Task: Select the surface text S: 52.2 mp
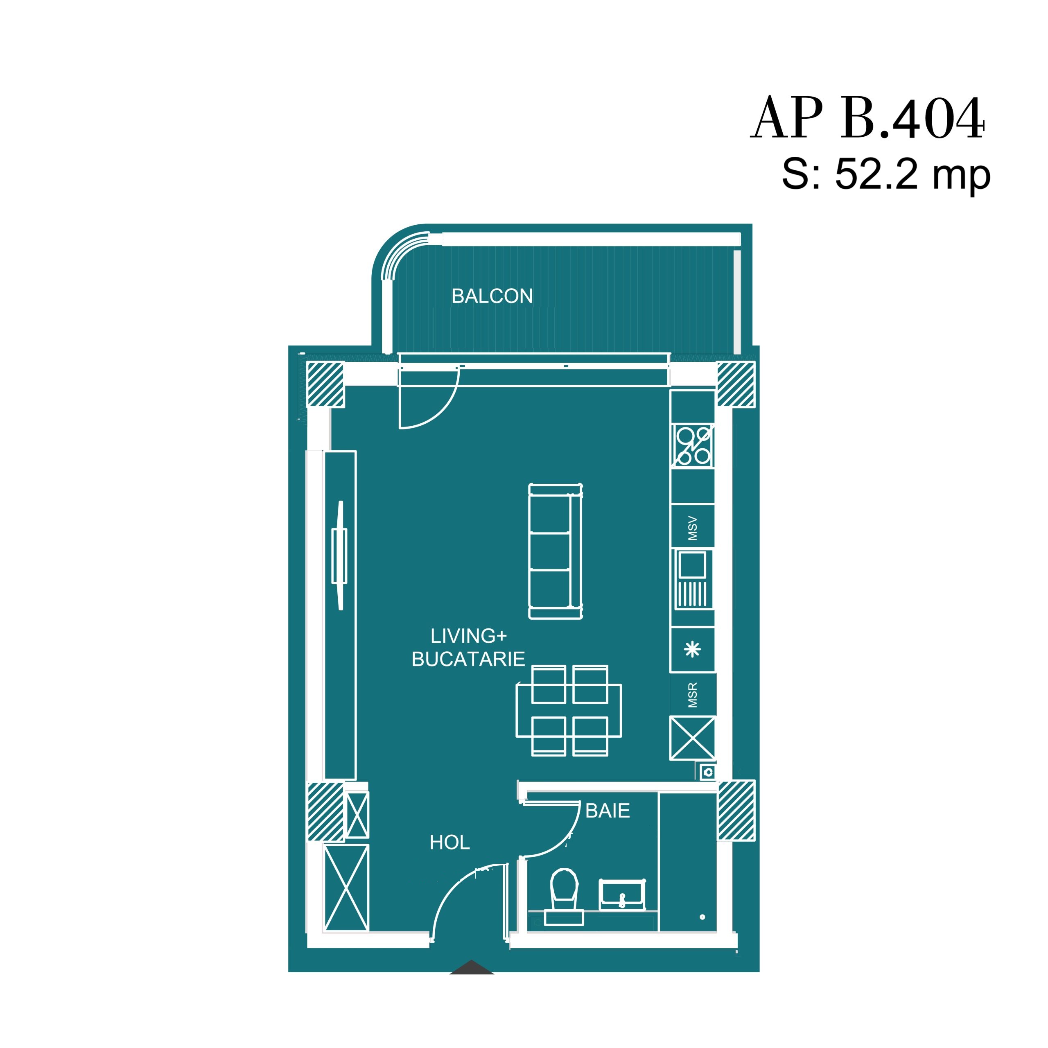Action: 886,175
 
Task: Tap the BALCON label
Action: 492,296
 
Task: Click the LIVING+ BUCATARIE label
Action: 468,648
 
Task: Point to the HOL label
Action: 449,842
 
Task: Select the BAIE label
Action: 608,811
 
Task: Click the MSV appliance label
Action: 693,529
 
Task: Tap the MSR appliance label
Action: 693,696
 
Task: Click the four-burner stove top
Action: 693,446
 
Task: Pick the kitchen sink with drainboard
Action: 693,579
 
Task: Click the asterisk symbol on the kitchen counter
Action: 693,649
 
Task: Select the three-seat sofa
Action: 556,551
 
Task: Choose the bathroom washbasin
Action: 622,894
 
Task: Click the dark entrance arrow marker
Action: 471,968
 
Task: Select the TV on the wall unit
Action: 339,556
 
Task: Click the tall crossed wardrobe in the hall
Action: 346,888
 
